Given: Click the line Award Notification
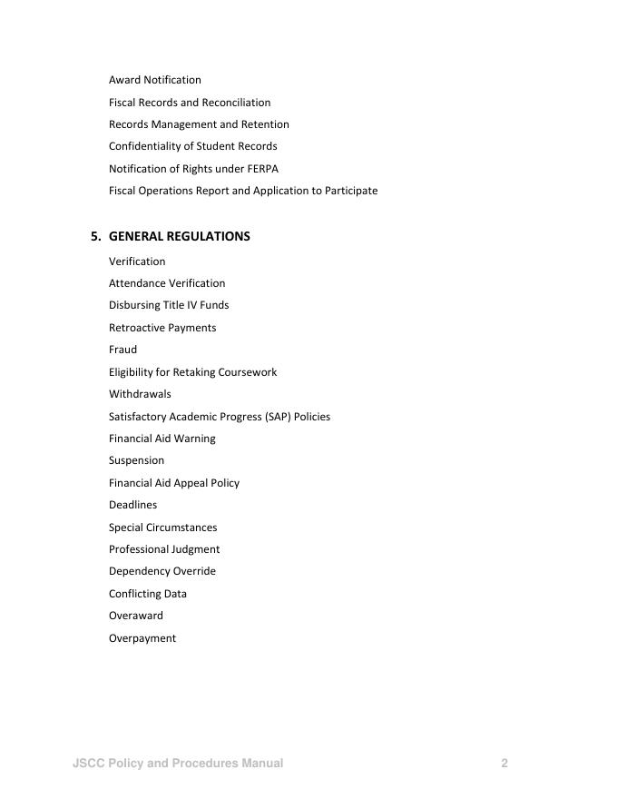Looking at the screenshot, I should point(155,80).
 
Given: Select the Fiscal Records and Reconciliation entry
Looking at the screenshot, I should point(190,103).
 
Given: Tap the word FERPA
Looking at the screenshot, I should point(262,169).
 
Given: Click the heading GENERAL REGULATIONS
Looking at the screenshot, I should point(179,236).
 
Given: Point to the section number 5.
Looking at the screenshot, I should point(95,236).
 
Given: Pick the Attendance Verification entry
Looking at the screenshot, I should point(167,283).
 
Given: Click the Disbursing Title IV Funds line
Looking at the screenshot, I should point(169,305).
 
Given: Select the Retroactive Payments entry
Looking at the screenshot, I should point(162,328).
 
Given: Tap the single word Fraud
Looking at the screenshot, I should point(123,350).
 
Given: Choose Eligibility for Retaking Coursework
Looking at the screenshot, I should point(192,372).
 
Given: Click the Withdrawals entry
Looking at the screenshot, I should point(140,394).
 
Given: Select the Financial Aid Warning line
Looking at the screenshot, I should point(162,439).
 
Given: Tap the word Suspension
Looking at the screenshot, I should point(136,460).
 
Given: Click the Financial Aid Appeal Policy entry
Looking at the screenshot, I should point(174,483).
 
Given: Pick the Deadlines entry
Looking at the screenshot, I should point(132,505).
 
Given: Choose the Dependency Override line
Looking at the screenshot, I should point(162,571).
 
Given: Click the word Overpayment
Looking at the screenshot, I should point(142,638).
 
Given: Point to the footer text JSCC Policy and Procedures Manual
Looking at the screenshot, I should point(178,764).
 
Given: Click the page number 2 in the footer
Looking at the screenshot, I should point(504,764).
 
